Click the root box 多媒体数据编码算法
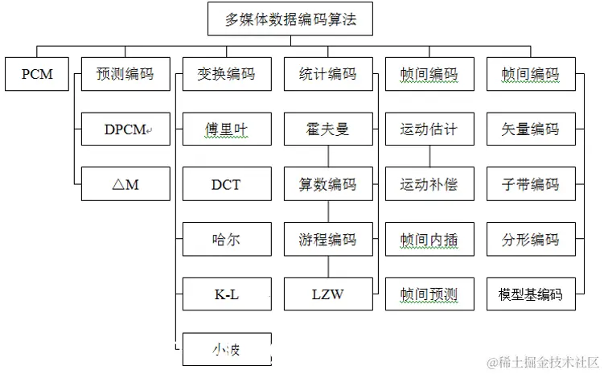coord(290,18)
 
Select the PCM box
coord(37,74)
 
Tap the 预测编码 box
coord(125,74)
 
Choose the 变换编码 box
coord(227,74)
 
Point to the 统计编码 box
coord(328,74)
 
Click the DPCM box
coord(125,129)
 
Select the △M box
coord(125,184)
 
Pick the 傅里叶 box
coord(227,129)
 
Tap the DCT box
coord(227,184)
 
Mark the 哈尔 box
coord(227,239)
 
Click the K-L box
coord(227,294)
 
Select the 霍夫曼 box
coord(328,129)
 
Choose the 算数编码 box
coord(328,184)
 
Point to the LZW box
coord(328,294)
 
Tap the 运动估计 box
coord(429,129)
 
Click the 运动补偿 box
coord(429,184)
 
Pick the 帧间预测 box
coord(429,294)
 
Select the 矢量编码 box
coord(531,129)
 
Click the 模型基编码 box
coord(531,294)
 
